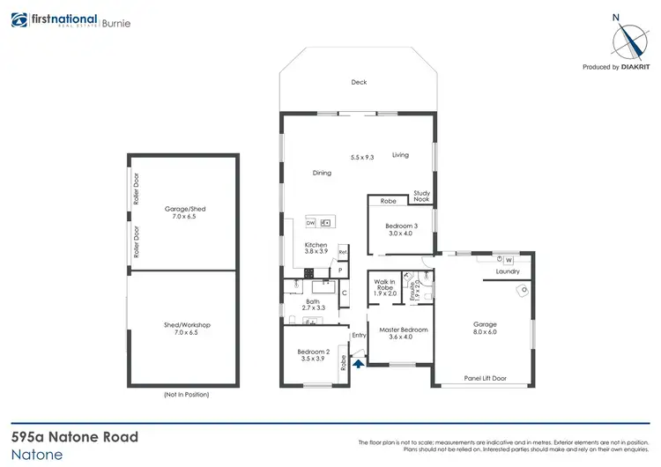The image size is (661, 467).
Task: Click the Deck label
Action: tap(359, 82)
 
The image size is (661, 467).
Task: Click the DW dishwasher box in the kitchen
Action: tap(311, 223)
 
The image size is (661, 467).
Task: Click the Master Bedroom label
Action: tap(403, 333)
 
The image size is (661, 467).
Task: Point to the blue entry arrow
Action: tap(358, 360)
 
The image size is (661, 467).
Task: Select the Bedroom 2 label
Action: tap(314, 355)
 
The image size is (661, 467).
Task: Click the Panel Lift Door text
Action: tap(486, 378)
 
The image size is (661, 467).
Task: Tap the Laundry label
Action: tap(507, 271)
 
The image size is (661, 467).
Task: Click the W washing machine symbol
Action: tap(509, 259)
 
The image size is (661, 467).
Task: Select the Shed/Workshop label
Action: tap(186, 328)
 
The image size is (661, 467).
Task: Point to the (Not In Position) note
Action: tap(187, 394)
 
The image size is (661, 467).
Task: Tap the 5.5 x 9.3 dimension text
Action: tap(362, 157)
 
